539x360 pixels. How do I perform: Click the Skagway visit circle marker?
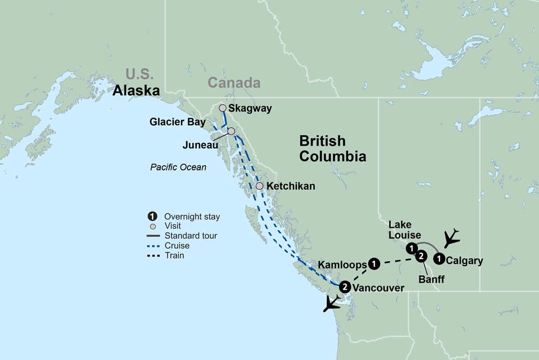click(x=222, y=108)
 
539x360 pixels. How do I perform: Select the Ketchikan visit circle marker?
click(x=259, y=186)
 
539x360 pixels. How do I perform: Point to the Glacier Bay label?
click(x=178, y=122)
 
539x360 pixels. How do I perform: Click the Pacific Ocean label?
click(x=178, y=167)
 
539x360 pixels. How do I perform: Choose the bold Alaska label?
click(x=136, y=91)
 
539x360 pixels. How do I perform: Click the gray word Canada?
click(x=234, y=83)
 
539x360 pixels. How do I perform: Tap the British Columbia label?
click(x=332, y=149)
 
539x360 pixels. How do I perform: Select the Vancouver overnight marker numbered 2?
click(x=344, y=287)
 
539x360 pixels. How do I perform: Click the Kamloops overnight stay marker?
click(x=375, y=264)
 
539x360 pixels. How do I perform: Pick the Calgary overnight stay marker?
click(x=440, y=259)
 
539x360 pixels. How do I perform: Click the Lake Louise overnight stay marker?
click(x=411, y=248)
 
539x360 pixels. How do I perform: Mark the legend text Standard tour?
click(x=191, y=236)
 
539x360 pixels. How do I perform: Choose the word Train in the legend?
click(x=174, y=255)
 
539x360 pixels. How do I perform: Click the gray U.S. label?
click(x=140, y=74)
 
